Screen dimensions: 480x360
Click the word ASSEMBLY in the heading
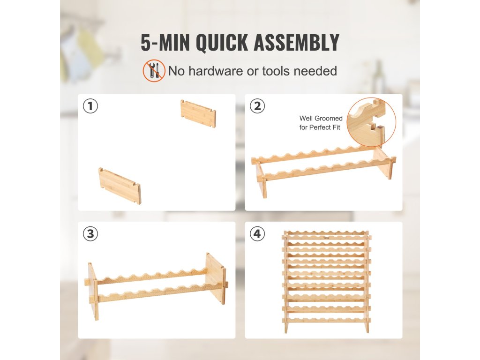[x=296, y=43]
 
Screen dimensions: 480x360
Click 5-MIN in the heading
[x=165, y=43]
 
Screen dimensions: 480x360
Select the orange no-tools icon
[x=154, y=71]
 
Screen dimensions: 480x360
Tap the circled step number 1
[x=90, y=106]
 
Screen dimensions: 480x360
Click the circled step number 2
[x=257, y=106]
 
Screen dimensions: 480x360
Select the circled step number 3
[x=90, y=234]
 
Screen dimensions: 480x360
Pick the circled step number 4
[x=257, y=234]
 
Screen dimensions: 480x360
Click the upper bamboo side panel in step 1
[x=198, y=113]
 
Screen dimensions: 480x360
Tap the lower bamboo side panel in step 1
[x=120, y=186]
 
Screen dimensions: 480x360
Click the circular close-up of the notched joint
[x=371, y=122]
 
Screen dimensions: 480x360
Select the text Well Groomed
[x=321, y=118]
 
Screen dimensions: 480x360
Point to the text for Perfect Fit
[x=320, y=127]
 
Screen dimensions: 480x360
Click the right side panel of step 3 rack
[x=216, y=278]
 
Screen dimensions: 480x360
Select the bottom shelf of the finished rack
[x=327, y=320]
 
